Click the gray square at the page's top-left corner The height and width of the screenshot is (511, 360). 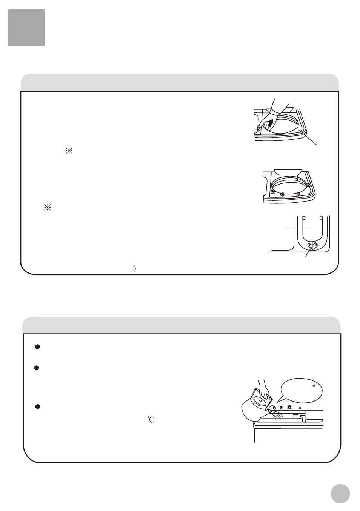pyautogui.click(x=26, y=28)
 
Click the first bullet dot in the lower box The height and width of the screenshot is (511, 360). pyautogui.click(x=38, y=347)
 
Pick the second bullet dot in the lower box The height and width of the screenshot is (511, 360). pyautogui.click(x=37, y=368)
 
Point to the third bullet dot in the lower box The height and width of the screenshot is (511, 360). pyautogui.click(x=38, y=406)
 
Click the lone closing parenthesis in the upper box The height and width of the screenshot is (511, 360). pyautogui.click(x=135, y=268)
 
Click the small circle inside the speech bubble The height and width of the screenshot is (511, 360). pyautogui.click(x=314, y=386)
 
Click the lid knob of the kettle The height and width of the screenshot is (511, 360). pyautogui.click(x=259, y=400)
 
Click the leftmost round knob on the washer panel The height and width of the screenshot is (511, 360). pyautogui.click(x=274, y=408)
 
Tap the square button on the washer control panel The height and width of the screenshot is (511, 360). pyautogui.click(x=289, y=407)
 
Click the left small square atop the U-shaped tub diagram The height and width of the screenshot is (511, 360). pyautogui.click(x=304, y=218)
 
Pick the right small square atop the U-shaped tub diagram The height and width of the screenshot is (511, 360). pyautogui.click(x=321, y=218)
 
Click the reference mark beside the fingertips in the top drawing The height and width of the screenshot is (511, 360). pyautogui.click(x=258, y=129)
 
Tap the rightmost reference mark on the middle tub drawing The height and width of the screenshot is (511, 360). pyautogui.click(x=309, y=185)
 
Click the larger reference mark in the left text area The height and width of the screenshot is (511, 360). pyautogui.click(x=69, y=151)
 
